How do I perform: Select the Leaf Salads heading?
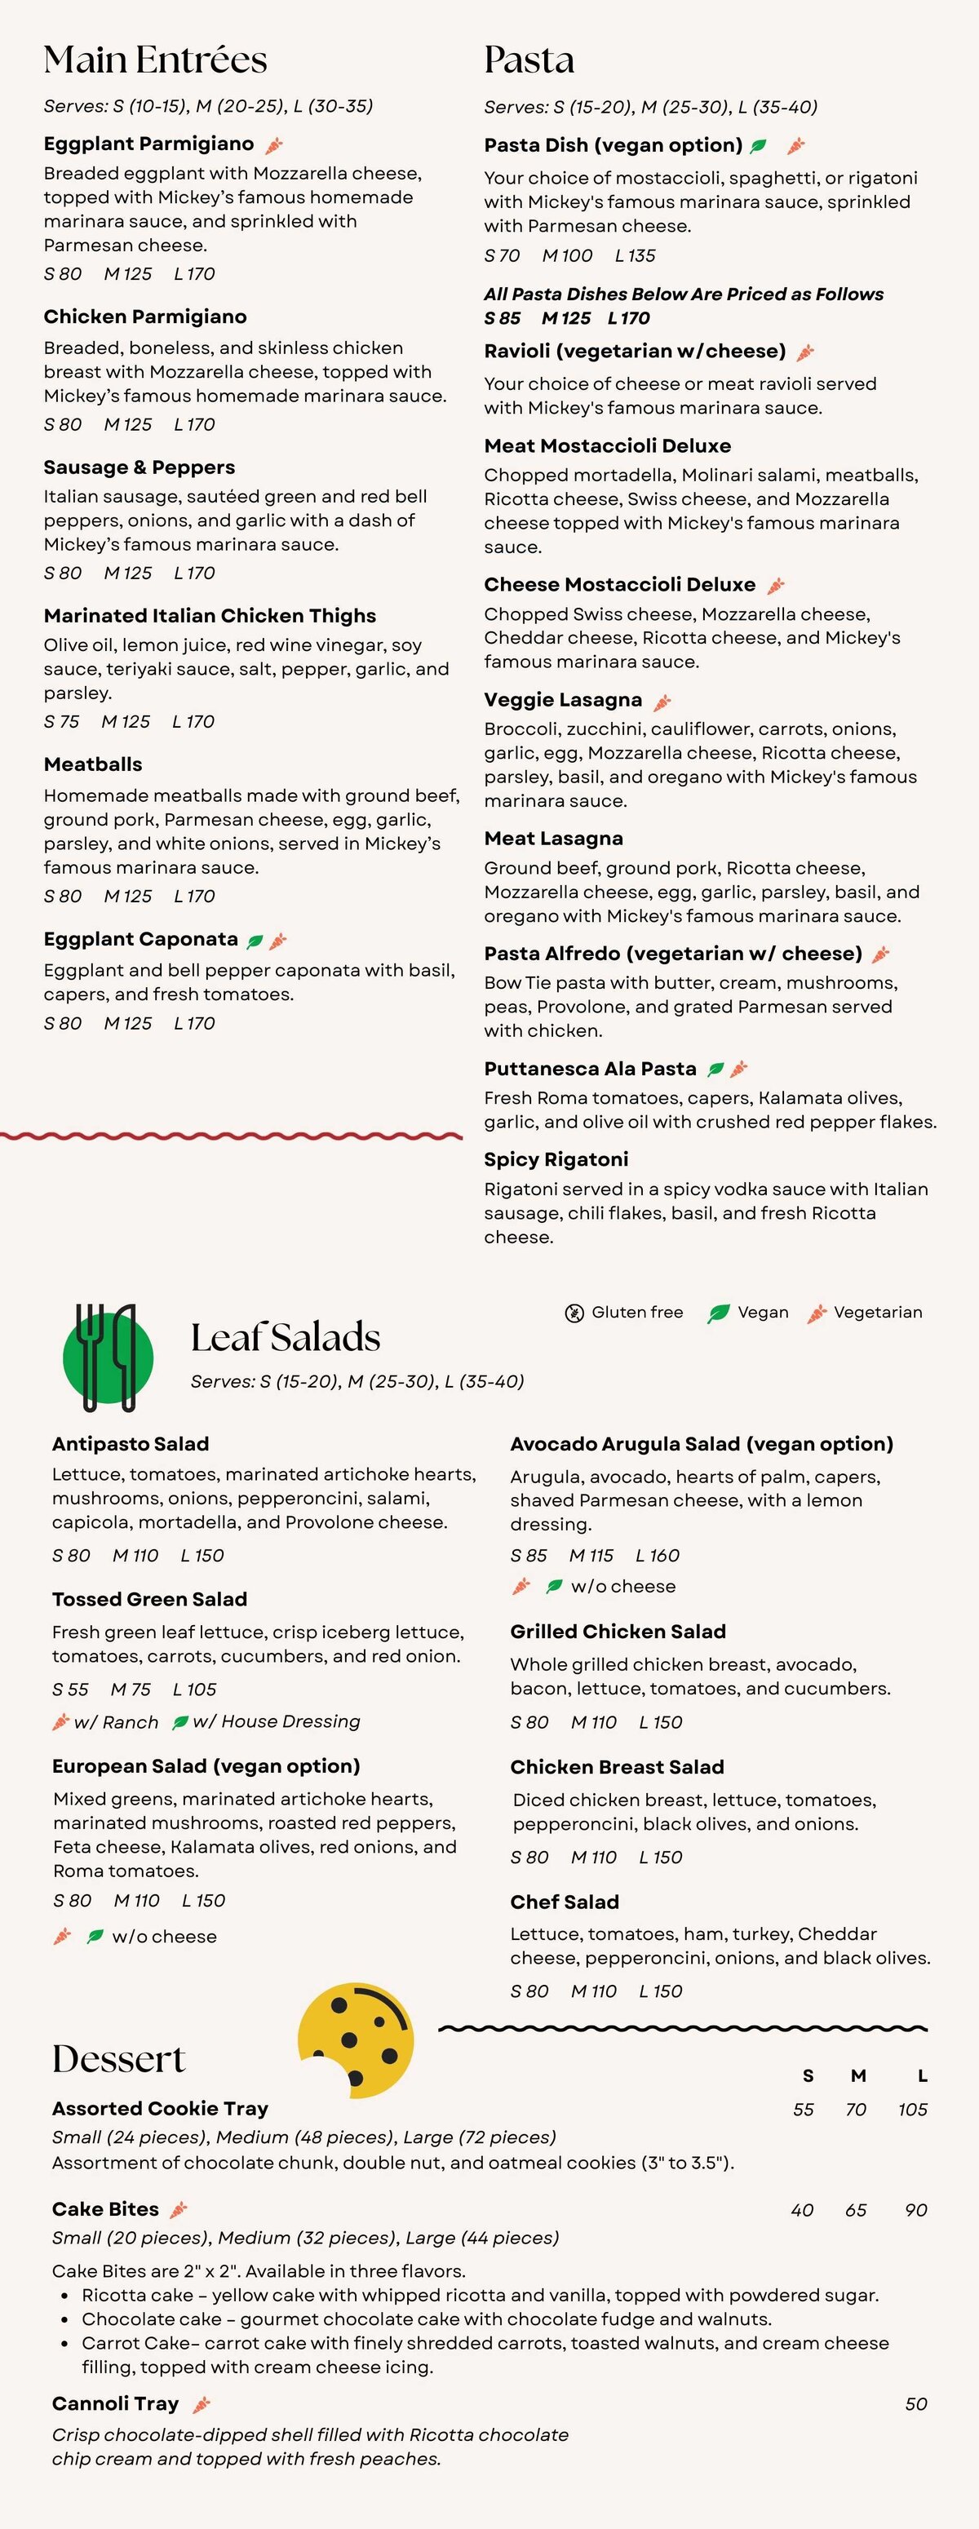(285, 1337)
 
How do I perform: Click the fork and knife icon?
(107, 1357)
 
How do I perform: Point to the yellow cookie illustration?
(356, 2040)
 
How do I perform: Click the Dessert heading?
(119, 2059)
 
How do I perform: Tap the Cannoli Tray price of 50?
(915, 2403)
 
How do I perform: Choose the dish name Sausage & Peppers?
(140, 467)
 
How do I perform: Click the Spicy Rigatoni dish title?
(556, 1159)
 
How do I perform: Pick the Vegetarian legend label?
(877, 1313)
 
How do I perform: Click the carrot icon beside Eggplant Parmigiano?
(274, 145)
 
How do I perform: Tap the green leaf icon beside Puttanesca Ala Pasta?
(715, 1070)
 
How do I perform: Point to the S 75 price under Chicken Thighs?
(62, 722)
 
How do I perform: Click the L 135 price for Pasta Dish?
(636, 255)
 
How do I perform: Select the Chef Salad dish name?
(565, 1902)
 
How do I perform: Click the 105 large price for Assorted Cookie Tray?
(912, 2109)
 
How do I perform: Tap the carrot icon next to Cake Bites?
(179, 2210)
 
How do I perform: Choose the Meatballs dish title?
(93, 764)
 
